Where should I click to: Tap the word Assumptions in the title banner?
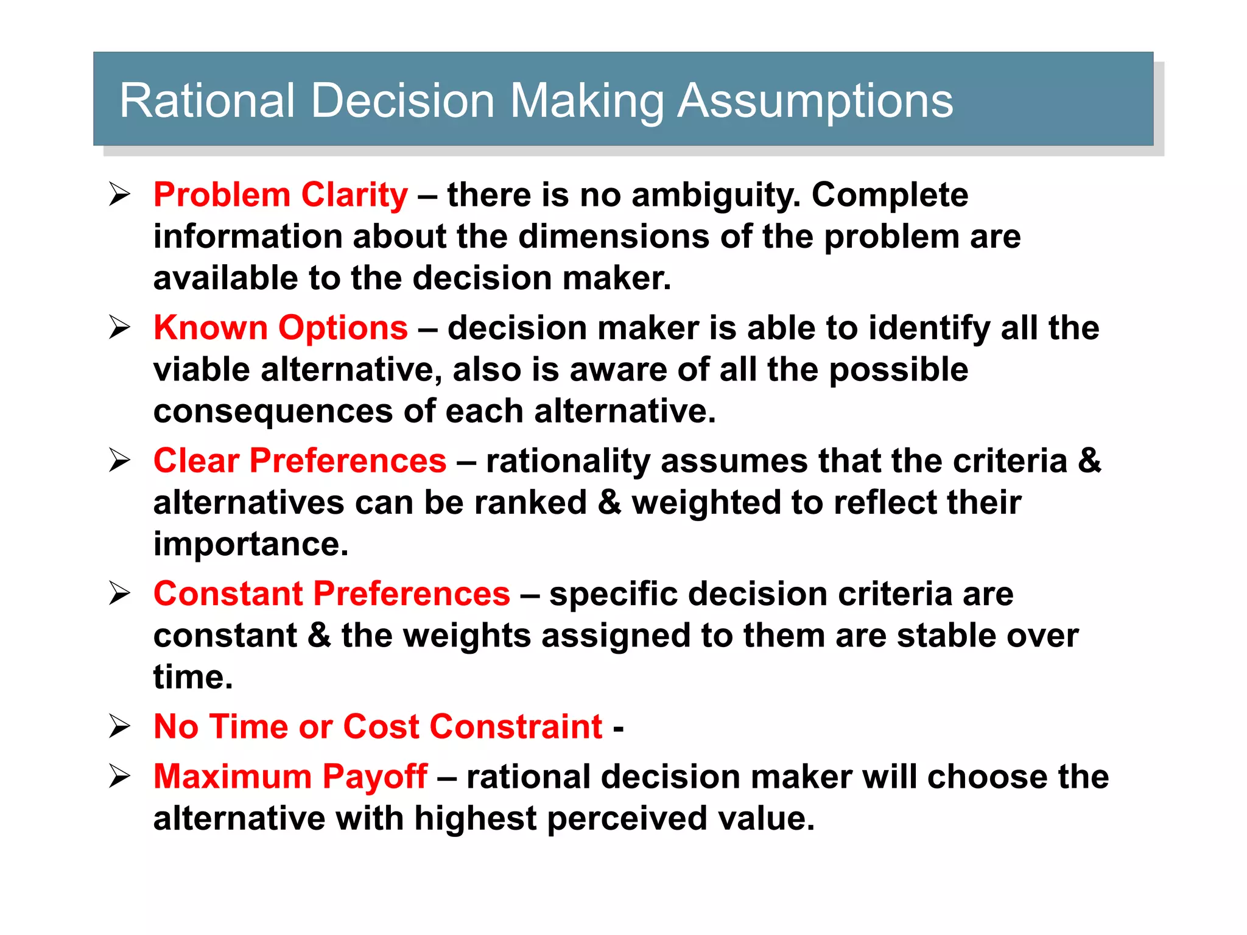[815, 100]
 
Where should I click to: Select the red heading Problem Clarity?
[281, 195]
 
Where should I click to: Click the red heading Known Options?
[281, 328]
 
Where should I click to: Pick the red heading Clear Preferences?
[300, 461]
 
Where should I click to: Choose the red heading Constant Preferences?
[332, 594]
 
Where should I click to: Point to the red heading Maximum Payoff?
[290, 777]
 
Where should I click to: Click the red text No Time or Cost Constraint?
[378, 727]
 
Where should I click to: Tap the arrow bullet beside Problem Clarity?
[120, 195]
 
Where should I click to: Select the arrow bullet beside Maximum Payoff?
[120, 777]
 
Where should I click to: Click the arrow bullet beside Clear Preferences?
[120, 461]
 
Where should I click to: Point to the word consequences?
[273, 411]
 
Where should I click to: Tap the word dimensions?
[614, 237]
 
